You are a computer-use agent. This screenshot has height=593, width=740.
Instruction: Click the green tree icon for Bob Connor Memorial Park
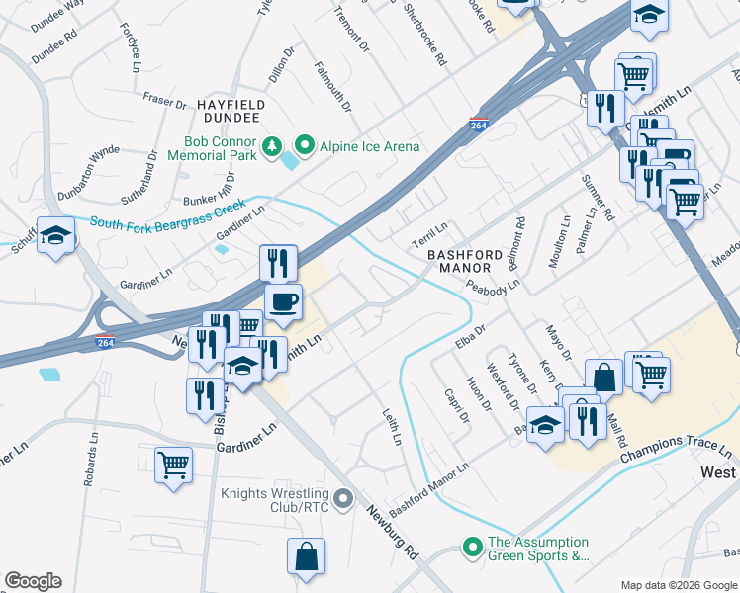(272, 147)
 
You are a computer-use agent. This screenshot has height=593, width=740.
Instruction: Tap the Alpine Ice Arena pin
(305, 147)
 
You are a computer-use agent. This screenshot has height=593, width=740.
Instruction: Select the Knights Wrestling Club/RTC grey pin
(343, 500)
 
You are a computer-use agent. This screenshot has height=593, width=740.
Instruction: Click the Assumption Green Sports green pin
(472, 547)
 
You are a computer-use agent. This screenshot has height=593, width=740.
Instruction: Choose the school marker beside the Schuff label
(56, 236)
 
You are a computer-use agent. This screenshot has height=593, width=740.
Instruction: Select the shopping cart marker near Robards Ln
(173, 464)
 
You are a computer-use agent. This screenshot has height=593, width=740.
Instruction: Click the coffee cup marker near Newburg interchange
(283, 301)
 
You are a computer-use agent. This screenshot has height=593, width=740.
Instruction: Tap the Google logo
(33, 581)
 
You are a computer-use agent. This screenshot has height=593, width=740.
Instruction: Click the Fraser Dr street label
(164, 101)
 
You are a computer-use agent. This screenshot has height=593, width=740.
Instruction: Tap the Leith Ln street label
(393, 425)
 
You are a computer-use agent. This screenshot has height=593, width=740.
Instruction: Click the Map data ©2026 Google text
(679, 585)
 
